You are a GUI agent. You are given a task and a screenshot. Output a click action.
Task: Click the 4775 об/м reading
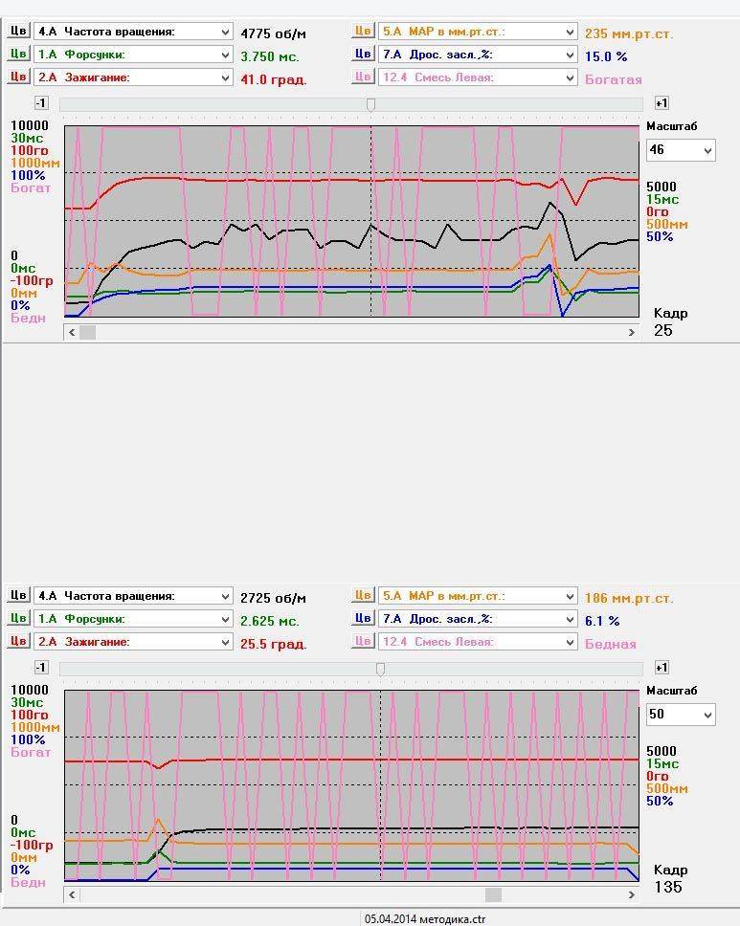pyautogui.click(x=273, y=33)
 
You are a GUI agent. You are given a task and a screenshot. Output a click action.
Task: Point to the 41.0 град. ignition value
pyautogui.click(x=274, y=79)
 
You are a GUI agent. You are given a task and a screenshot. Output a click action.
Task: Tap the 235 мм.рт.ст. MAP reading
pyautogui.click(x=629, y=33)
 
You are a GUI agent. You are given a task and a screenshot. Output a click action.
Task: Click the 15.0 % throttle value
pyautogui.click(x=606, y=56)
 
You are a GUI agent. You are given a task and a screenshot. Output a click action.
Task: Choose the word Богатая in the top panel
pyautogui.click(x=614, y=79)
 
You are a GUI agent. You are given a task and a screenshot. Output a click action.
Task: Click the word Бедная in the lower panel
pyautogui.click(x=611, y=644)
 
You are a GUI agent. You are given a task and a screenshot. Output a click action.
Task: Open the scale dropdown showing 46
pyautogui.click(x=681, y=150)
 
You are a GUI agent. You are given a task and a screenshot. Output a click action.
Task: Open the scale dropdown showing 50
pyautogui.click(x=681, y=715)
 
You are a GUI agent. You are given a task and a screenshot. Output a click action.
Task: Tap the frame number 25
pyautogui.click(x=663, y=330)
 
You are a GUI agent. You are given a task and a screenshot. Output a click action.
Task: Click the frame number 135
pyautogui.click(x=668, y=887)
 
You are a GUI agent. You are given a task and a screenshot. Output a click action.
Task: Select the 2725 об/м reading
pyautogui.click(x=273, y=598)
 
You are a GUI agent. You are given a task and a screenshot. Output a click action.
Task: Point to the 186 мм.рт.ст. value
pyautogui.click(x=629, y=598)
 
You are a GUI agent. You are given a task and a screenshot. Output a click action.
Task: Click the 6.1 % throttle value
pyautogui.click(x=602, y=621)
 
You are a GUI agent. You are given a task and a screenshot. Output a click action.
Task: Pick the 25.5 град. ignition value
pyautogui.click(x=274, y=644)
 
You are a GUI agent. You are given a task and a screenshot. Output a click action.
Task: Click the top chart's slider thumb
pyautogui.click(x=370, y=104)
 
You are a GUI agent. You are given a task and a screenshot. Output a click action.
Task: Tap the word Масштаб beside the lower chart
pyautogui.click(x=672, y=691)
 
